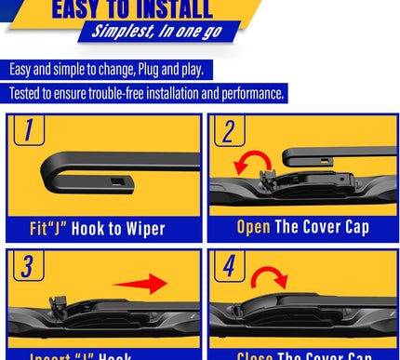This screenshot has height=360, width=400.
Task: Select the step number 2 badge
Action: pyautogui.click(x=227, y=130)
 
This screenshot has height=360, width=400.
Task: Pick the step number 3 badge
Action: pyautogui.click(x=28, y=266)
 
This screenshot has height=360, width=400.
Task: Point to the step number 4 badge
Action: pyautogui.click(x=227, y=266)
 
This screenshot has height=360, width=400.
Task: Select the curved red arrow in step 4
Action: pyautogui.click(x=270, y=276)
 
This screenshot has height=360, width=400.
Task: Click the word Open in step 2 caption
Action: pyautogui.click(x=253, y=227)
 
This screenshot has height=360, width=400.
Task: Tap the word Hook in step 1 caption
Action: pyautogui.click(x=94, y=228)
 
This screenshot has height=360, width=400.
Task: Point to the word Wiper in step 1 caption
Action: pyautogui.click(x=141, y=228)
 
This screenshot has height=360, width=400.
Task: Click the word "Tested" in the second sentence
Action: pyautogui.click(x=28, y=94)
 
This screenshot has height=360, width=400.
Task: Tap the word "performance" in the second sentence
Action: pyautogui.click(x=250, y=94)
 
